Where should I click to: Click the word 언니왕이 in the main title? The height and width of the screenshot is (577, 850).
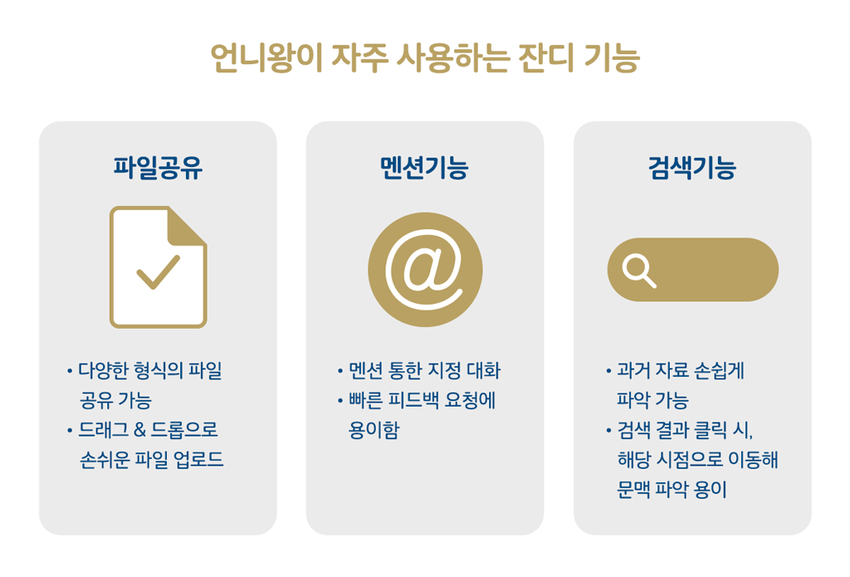265,59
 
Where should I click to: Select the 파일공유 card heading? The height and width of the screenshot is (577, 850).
158,169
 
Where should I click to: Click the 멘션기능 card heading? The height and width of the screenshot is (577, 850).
424,169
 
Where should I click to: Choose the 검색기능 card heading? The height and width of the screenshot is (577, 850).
691,169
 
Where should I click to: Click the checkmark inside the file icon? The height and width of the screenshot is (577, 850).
159,271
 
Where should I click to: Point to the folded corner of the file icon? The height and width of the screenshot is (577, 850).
188,224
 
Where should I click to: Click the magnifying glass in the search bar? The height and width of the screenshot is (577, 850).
639,270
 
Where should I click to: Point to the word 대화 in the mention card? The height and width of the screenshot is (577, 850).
481,371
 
